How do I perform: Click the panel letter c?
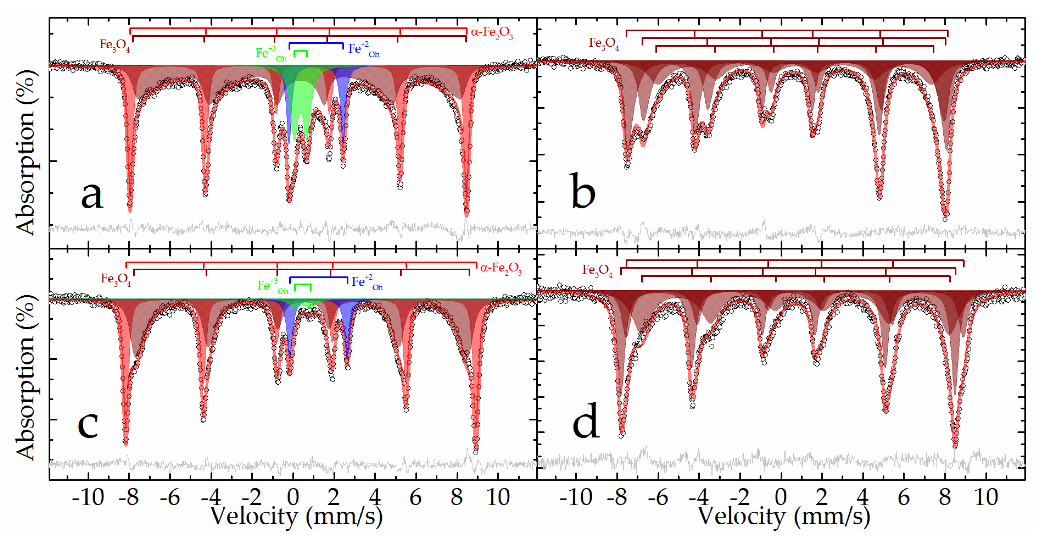(x=88, y=424)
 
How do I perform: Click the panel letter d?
(x=586, y=422)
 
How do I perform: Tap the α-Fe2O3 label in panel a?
(x=491, y=33)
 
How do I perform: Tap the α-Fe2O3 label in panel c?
(x=501, y=268)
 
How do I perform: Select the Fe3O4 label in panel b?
(x=604, y=43)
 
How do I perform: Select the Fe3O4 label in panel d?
(x=597, y=270)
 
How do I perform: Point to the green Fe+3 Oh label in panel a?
(x=271, y=54)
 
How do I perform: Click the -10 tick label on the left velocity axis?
(x=88, y=497)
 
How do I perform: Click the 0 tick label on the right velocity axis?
(x=780, y=497)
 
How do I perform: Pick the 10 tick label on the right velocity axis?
(x=986, y=497)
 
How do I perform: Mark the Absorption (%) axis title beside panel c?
(x=25, y=378)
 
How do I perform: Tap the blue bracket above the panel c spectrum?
(x=318, y=278)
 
